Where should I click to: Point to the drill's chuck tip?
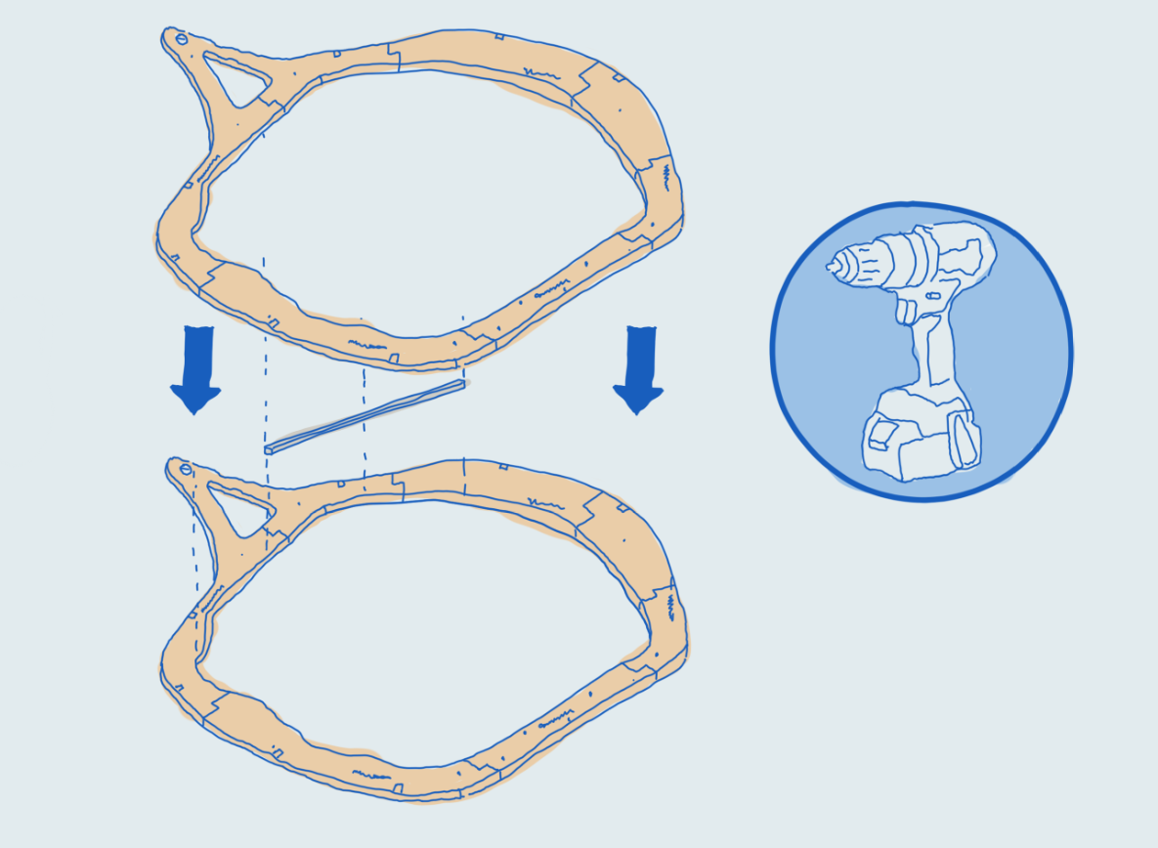click(x=834, y=264)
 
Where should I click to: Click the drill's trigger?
click(x=907, y=311)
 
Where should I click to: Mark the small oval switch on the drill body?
click(x=932, y=294)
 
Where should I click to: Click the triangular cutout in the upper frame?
click(x=236, y=77)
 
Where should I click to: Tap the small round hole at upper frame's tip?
click(x=181, y=40)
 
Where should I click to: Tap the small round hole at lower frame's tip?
click(x=186, y=470)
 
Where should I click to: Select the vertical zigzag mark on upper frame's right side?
click(x=666, y=176)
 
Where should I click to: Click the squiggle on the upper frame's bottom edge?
click(x=363, y=343)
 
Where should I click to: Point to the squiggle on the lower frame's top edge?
click(x=542, y=500)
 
